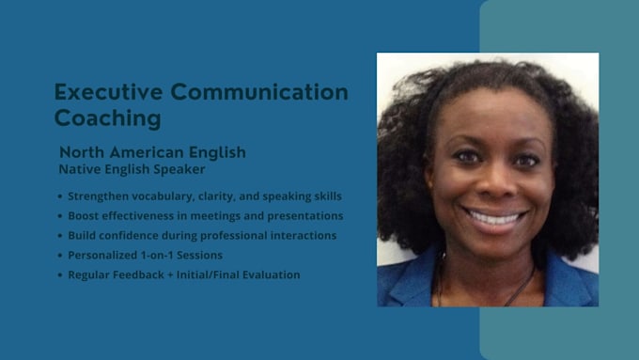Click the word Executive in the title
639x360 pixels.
click(108, 92)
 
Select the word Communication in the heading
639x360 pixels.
click(259, 92)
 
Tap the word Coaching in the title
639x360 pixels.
click(107, 118)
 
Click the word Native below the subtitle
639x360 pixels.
click(80, 169)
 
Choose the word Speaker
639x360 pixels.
click(179, 169)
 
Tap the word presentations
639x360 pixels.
click(305, 216)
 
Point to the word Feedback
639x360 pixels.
click(138, 274)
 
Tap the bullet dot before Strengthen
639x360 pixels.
click(60, 196)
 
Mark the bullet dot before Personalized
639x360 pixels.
click(60, 256)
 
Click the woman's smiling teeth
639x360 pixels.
click(494, 218)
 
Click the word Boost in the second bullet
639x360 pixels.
click(83, 216)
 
